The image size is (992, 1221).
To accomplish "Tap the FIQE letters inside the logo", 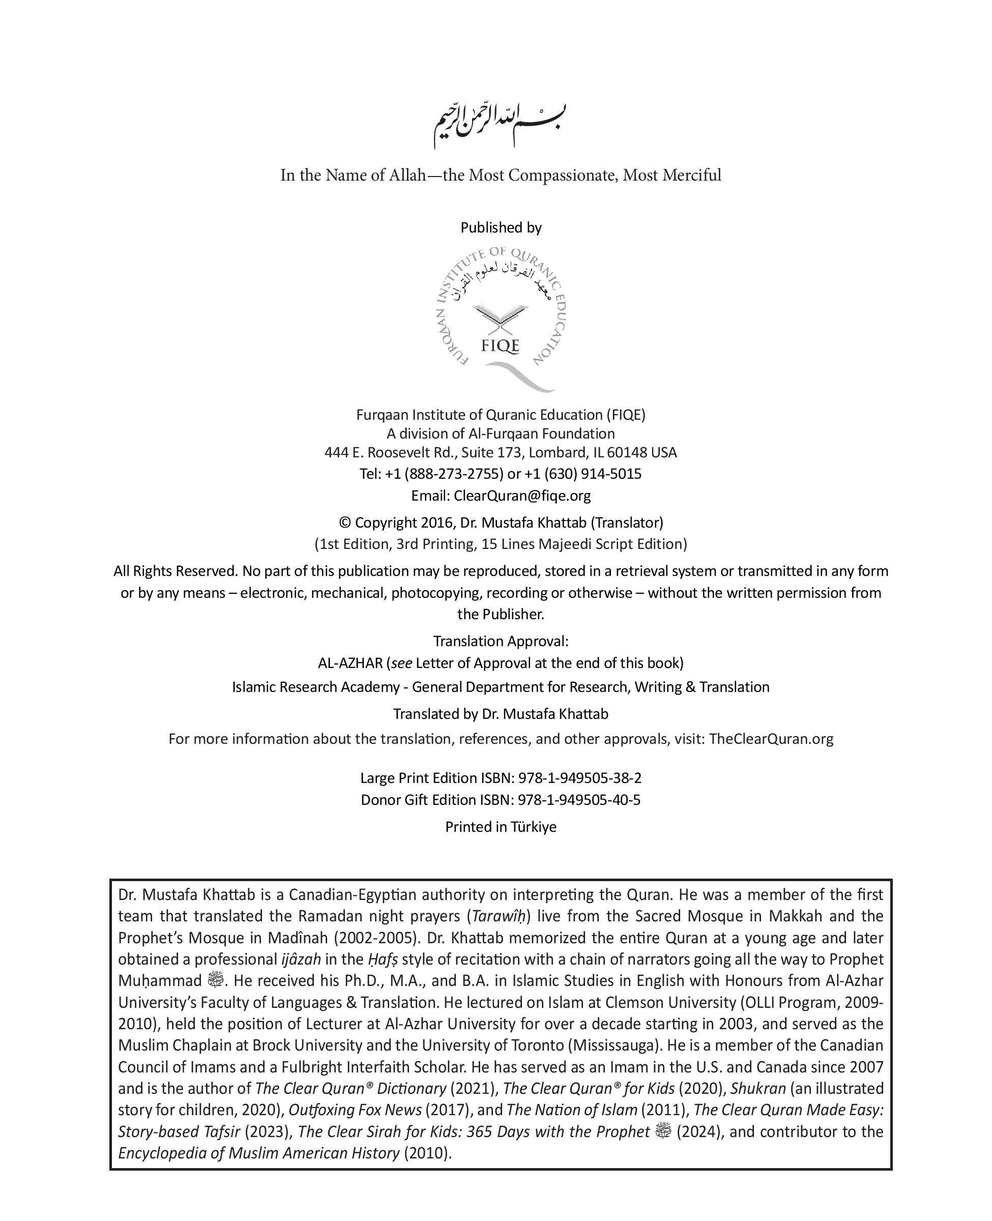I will click(500, 345).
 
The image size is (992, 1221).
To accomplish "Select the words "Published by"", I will click(501, 227).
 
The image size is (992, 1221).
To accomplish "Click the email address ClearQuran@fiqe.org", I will click(522, 496).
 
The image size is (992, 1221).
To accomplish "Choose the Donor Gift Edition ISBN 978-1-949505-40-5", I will click(579, 799).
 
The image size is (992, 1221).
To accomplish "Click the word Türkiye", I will click(533, 827).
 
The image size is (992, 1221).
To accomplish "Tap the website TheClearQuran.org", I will click(771, 739).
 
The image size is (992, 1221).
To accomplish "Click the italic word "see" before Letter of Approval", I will click(402, 663).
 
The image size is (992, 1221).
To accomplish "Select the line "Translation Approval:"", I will click(501, 641).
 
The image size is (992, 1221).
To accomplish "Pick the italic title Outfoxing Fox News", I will click(355, 1110).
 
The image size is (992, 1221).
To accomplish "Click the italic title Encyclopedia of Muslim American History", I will click(259, 1153).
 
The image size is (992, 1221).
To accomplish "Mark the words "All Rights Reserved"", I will click(175, 571).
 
